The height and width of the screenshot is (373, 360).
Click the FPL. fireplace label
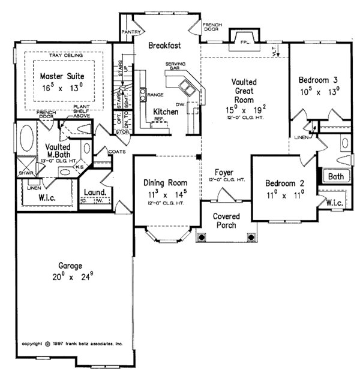coord(245,44)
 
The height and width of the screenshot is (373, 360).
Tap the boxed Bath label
coord(335,176)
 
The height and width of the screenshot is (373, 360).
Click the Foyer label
coord(224,173)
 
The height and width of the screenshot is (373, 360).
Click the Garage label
coord(70,266)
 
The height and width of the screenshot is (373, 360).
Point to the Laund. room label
coord(95,192)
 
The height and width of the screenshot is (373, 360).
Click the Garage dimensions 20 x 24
coord(70,277)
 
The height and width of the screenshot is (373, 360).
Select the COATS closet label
coord(117,152)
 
